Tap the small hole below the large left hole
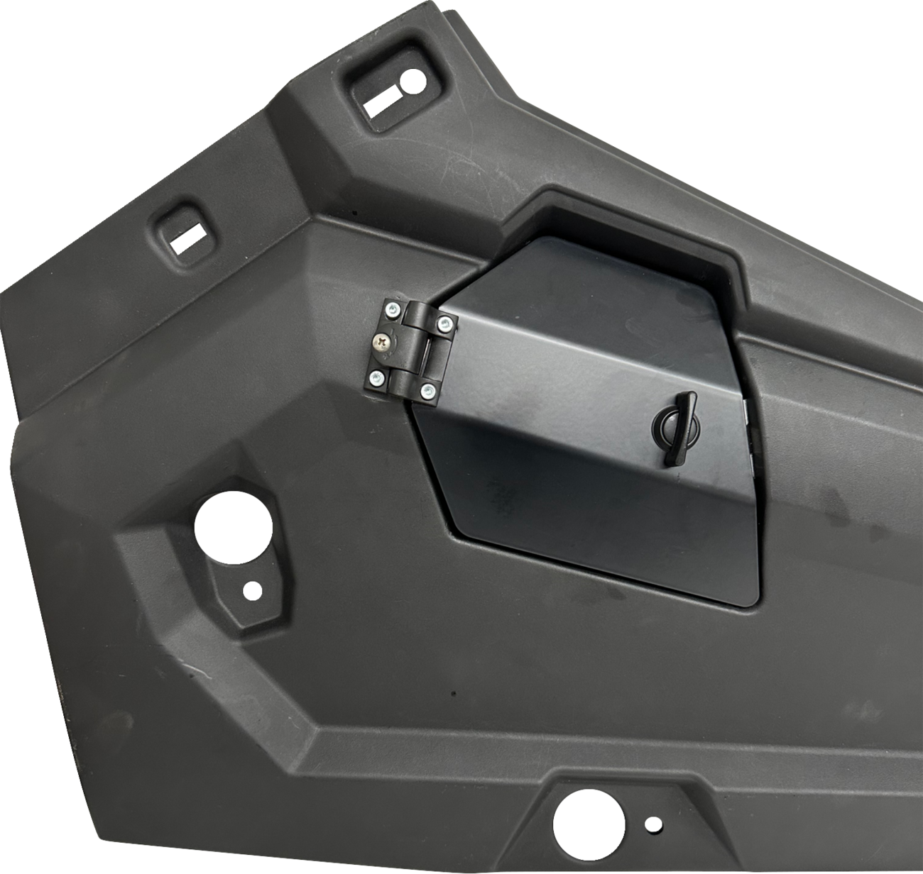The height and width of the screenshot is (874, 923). pyautogui.click(x=251, y=588)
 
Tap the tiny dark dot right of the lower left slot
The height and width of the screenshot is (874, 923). pyautogui.click(x=353, y=211)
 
